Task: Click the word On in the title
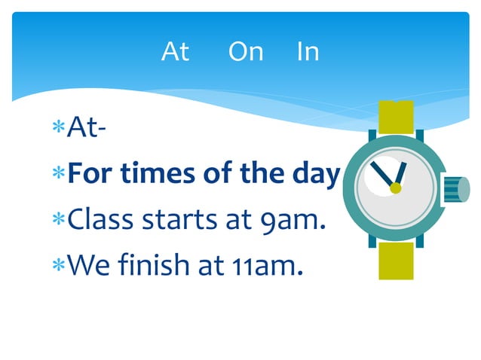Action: tap(246, 52)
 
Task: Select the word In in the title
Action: tap(308, 52)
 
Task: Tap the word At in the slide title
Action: tap(175, 52)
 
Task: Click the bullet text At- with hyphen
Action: tap(86, 129)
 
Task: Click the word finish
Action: tap(156, 264)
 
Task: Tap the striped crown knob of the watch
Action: tap(451, 189)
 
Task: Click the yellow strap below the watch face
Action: tap(396, 260)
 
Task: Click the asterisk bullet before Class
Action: tap(58, 219)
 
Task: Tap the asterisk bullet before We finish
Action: tap(58, 264)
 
